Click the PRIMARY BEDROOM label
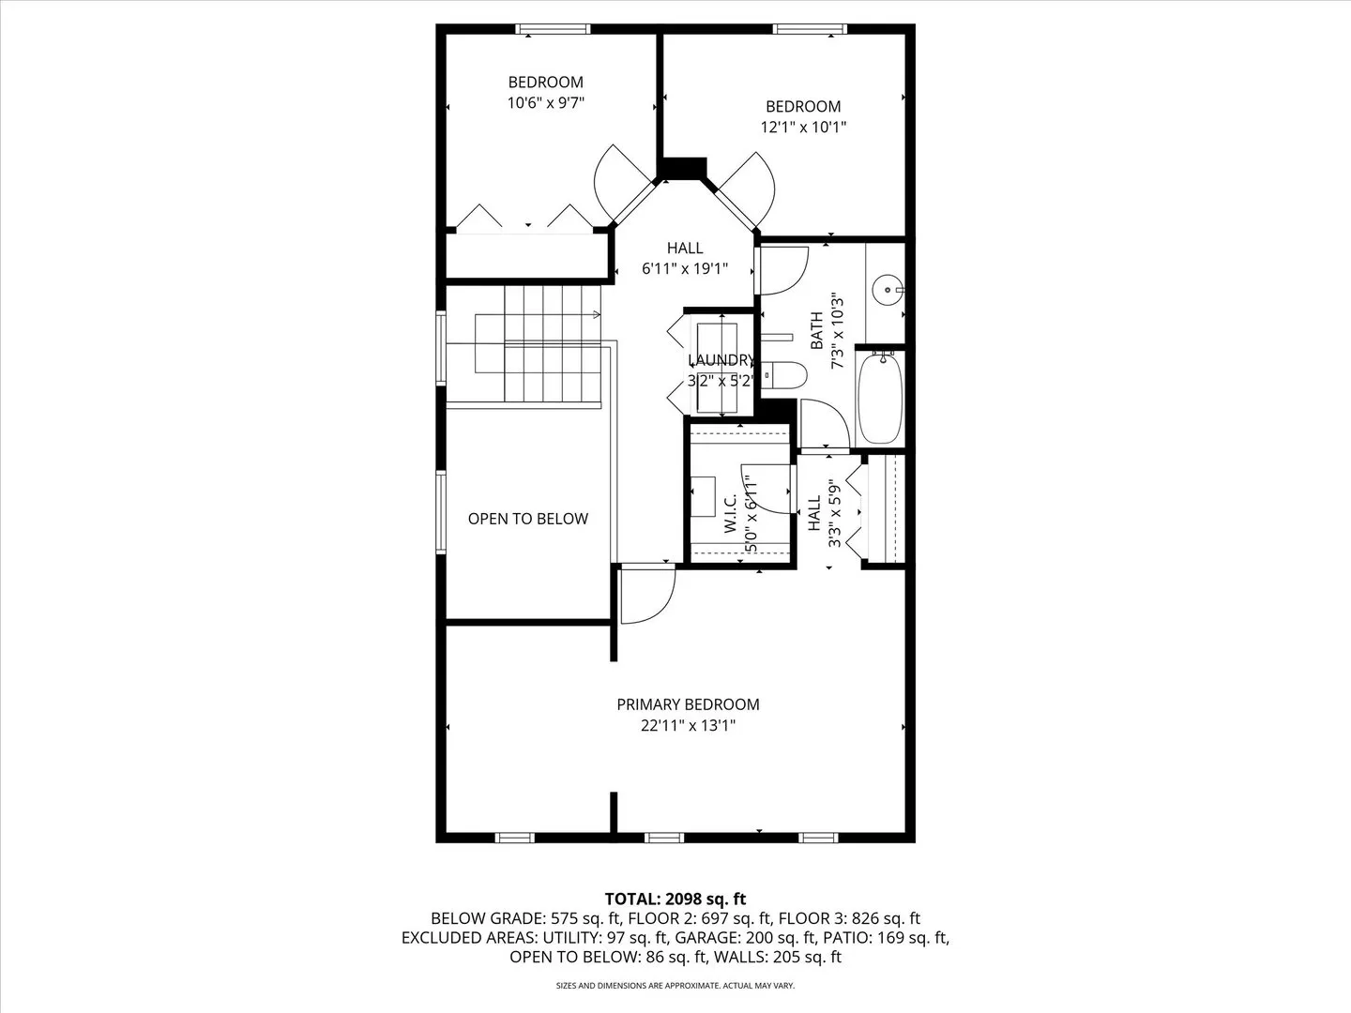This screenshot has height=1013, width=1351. [x=688, y=704]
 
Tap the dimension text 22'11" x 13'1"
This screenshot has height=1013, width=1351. [x=688, y=725]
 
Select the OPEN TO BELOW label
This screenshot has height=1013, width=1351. [x=528, y=519]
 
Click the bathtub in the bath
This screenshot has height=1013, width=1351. [x=880, y=398]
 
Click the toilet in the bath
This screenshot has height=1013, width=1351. [x=784, y=375]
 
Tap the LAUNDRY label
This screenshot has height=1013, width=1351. [x=721, y=360]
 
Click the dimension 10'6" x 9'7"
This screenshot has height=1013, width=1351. [x=546, y=103]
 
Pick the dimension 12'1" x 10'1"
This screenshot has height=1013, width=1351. [x=803, y=128]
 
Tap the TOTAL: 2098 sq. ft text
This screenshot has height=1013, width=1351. [x=675, y=900]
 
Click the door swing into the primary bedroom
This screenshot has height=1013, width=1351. [x=646, y=595]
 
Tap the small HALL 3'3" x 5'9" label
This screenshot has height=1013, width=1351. [x=823, y=513]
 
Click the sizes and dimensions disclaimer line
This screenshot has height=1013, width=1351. [x=675, y=986]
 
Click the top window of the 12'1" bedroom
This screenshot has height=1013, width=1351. [x=810, y=29]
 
